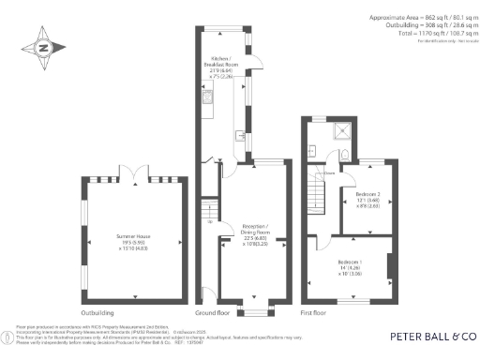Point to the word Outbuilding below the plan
point(97,311)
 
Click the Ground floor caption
point(212,311)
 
